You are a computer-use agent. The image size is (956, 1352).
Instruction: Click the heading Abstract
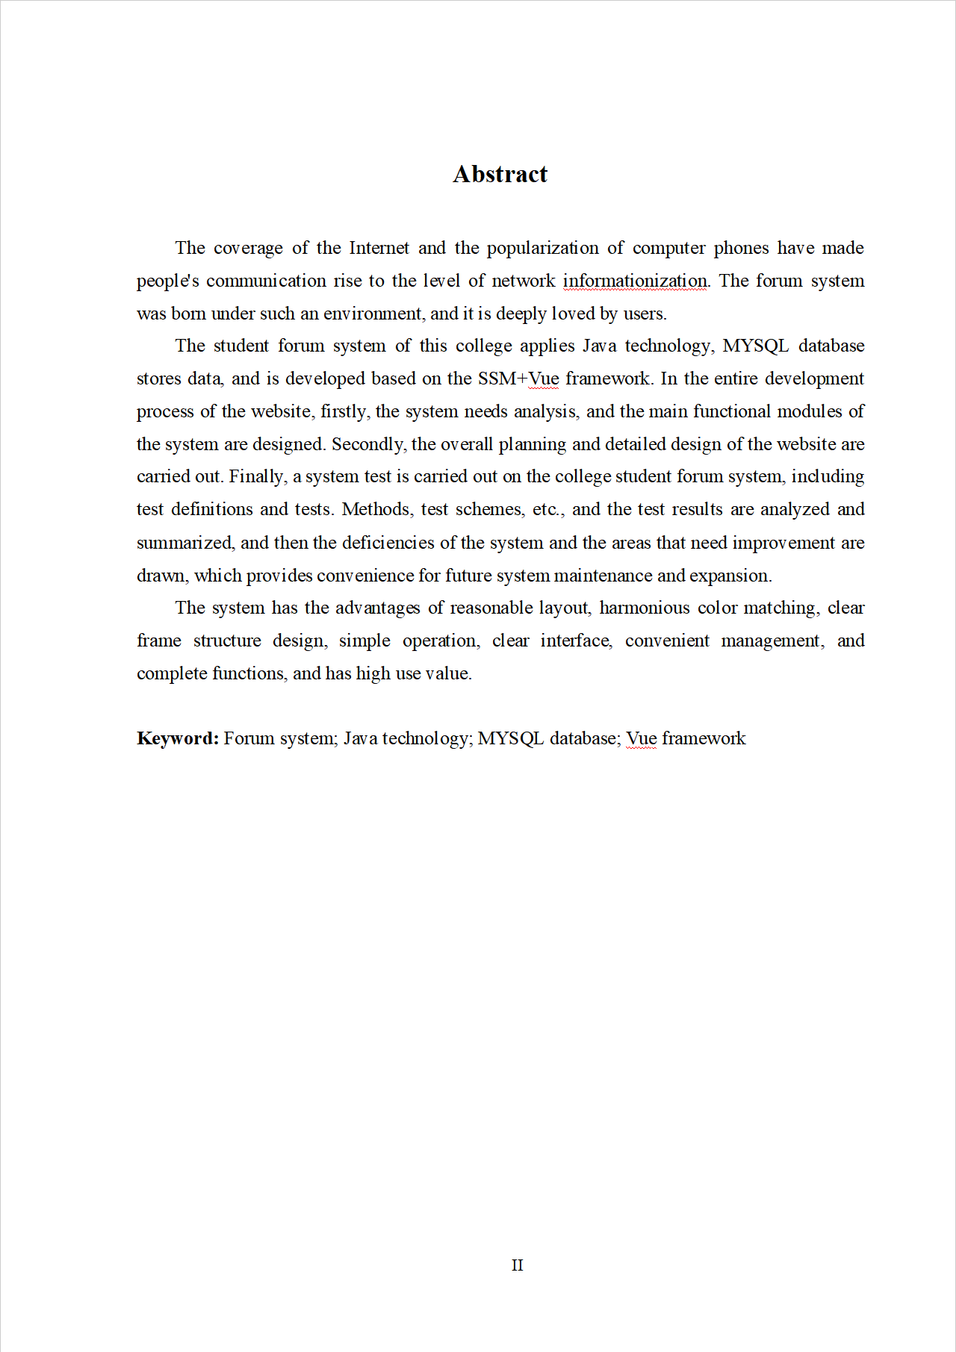pos(500,174)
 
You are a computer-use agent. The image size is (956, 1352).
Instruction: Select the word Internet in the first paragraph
pos(379,248)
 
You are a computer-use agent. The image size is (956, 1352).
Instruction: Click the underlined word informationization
pos(635,281)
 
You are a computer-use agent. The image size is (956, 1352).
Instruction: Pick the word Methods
pos(377,509)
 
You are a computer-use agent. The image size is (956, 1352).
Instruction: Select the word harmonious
pos(645,608)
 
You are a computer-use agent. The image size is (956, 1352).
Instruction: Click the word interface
pos(577,641)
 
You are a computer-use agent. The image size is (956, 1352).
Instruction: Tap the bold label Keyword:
pos(178,738)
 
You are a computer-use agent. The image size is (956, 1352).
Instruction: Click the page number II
pos(517,1265)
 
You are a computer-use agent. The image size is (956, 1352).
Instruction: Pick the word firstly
pos(344,411)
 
